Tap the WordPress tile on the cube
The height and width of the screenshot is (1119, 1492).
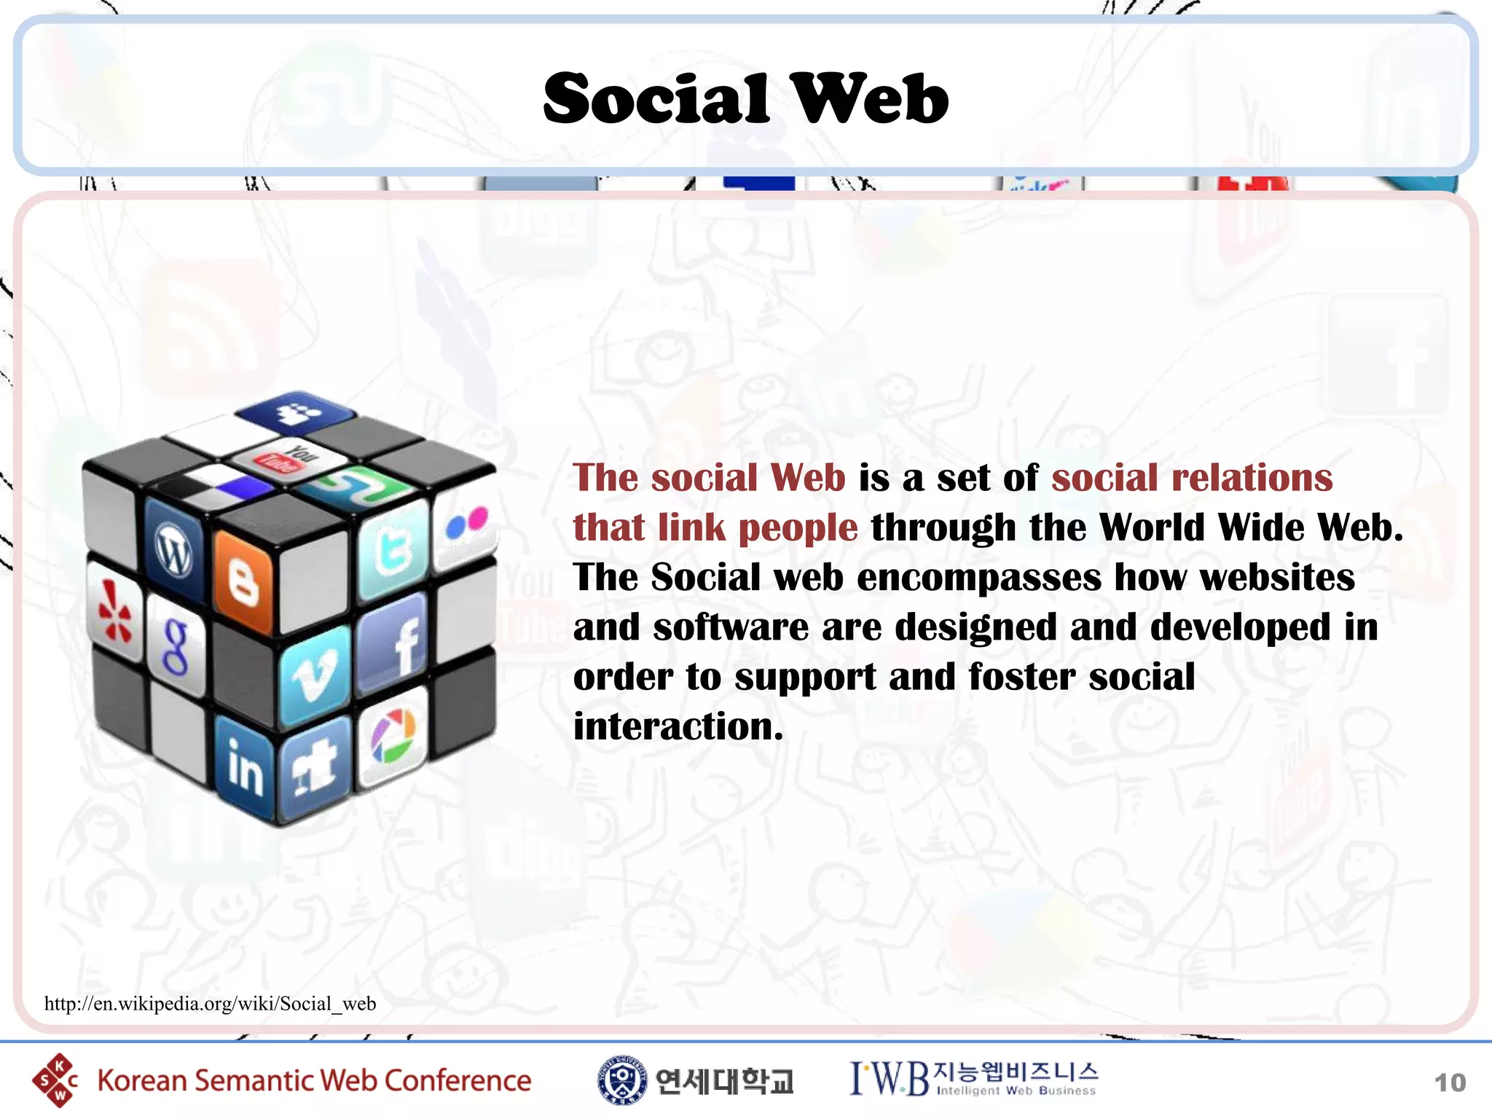pos(173,548)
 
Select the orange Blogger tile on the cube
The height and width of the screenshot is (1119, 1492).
pos(243,581)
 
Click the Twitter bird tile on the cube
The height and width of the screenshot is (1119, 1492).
pos(393,548)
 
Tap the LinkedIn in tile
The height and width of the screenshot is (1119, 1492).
pos(245,765)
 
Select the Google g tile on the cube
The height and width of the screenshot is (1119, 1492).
pos(176,645)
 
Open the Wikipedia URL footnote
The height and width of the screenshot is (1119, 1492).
pos(210,1004)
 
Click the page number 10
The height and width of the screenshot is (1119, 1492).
pos(1449,1083)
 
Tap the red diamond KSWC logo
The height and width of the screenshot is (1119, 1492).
pos(55,1080)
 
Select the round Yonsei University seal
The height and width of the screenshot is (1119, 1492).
pos(621,1080)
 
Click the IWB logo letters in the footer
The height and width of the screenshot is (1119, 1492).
pos(890,1079)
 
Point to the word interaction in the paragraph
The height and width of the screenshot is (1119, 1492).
pos(678,727)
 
